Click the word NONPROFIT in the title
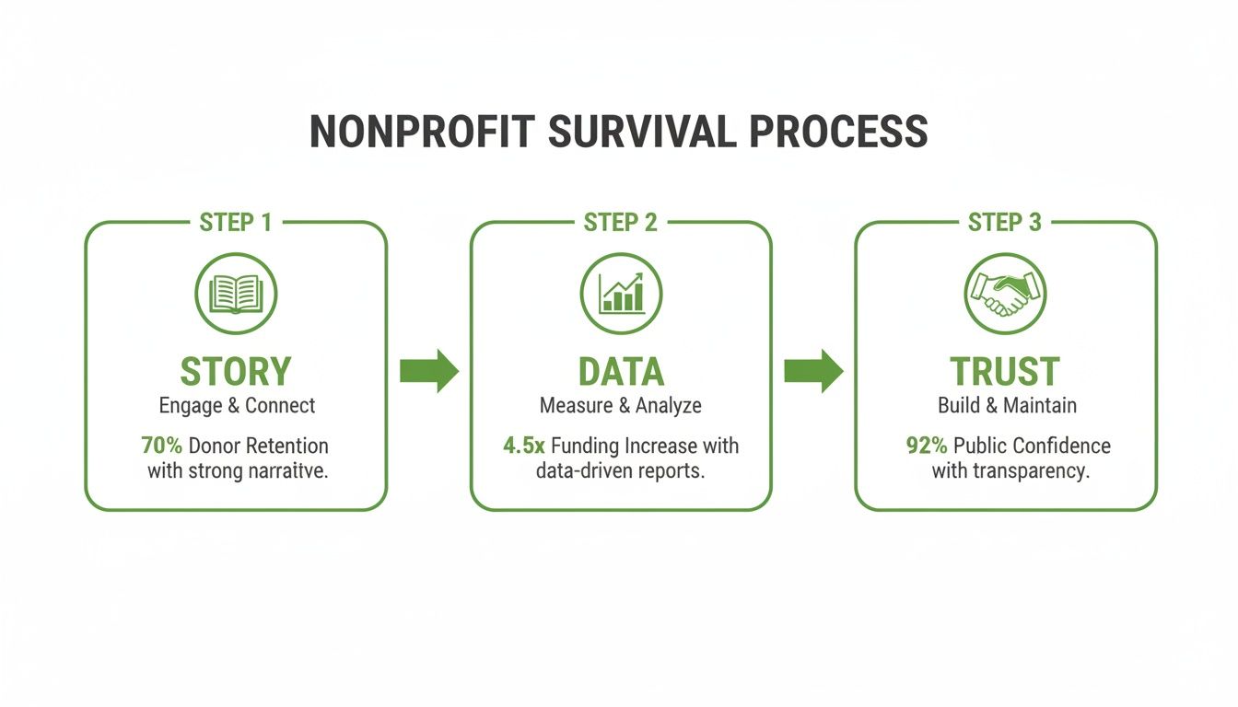pyautogui.click(x=421, y=132)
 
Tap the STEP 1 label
pyautogui.click(x=236, y=223)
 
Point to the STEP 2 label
pyautogui.click(x=621, y=223)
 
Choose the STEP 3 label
pyautogui.click(x=1005, y=223)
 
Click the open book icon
pyautogui.click(x=236, y=294)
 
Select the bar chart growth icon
pyautogui.click(x=621, y=294)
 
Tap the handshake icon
pyautogui.click(x=1005, y=294)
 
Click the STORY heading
pyautogui.click(x=236, y=372)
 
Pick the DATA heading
pyautogui.click(x=621, y=372)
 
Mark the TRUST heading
pyautogui.click(x=1005, y=372)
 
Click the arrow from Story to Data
pyautogui.click(x=428, y=371)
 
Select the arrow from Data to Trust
pyautogui.click(x=813, y=371)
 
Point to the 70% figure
pyautogui.click(x=162, y=446)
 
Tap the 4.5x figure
pyautogui.click(x=523, y=446)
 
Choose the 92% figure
pyautogui.click(x=928, y=446)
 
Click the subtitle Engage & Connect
pyautogui.click(x=237, y=405)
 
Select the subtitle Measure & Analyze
pyautogui.click(x=621, y=405)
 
